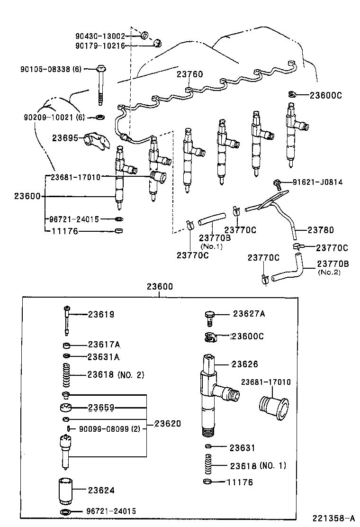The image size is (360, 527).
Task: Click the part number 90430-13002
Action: point(100,36)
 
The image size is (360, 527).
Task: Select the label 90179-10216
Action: point(100,45)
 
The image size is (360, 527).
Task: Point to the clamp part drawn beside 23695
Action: point(96,141)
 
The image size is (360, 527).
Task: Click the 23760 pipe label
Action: point(189,74)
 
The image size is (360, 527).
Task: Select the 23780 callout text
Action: point(321,230)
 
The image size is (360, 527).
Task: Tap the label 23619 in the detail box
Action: point(101,314)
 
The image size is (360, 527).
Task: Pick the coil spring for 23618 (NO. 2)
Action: point(67,374)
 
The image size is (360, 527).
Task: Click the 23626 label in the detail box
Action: point(245,364)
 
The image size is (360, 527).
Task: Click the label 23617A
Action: point(104,345)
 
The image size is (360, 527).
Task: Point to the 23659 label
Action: point(101,408)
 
